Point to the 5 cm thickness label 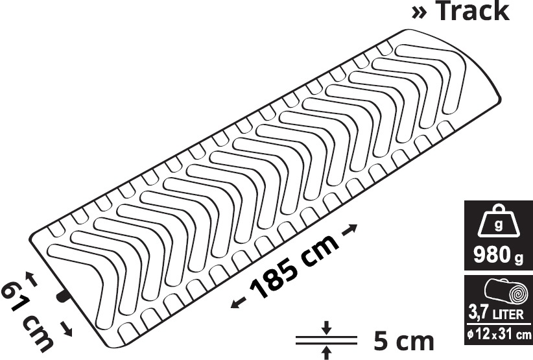click(x=403, y=341)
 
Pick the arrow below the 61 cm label click(x=68, y=330)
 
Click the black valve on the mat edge click(x=63, y=296)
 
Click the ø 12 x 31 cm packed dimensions click(x=497, y=335)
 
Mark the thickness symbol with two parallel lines click(x=326, y=340)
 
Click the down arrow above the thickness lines click(x=326, y=328)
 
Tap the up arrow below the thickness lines click(x=326, y=352)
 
